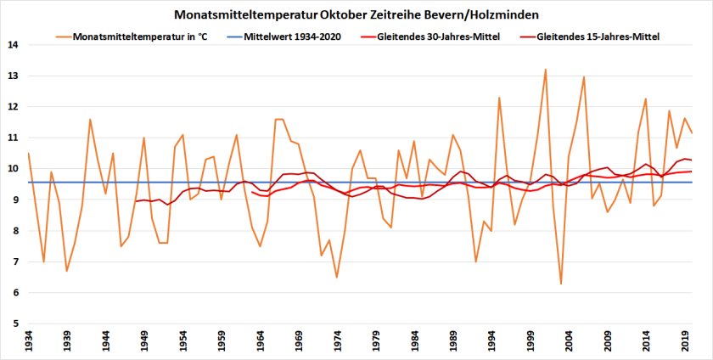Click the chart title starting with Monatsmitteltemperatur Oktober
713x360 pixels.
(x=356, y=14)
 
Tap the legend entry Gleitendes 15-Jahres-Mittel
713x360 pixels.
(x=598, y=37)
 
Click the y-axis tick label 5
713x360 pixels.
(x=14, y=323)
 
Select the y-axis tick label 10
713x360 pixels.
(x=12, y=169)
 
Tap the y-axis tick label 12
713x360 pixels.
(x=12, y=107)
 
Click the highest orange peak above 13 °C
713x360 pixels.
(x=545, y=70)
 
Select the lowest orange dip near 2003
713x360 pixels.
(x=561, y=284)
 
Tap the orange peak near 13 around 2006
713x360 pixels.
(x=584, y=77)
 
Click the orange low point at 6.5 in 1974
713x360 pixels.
(x=337, y=277)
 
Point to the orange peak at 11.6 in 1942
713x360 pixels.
(x=90, y=119)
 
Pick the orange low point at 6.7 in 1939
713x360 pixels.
(x=67, y=271)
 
